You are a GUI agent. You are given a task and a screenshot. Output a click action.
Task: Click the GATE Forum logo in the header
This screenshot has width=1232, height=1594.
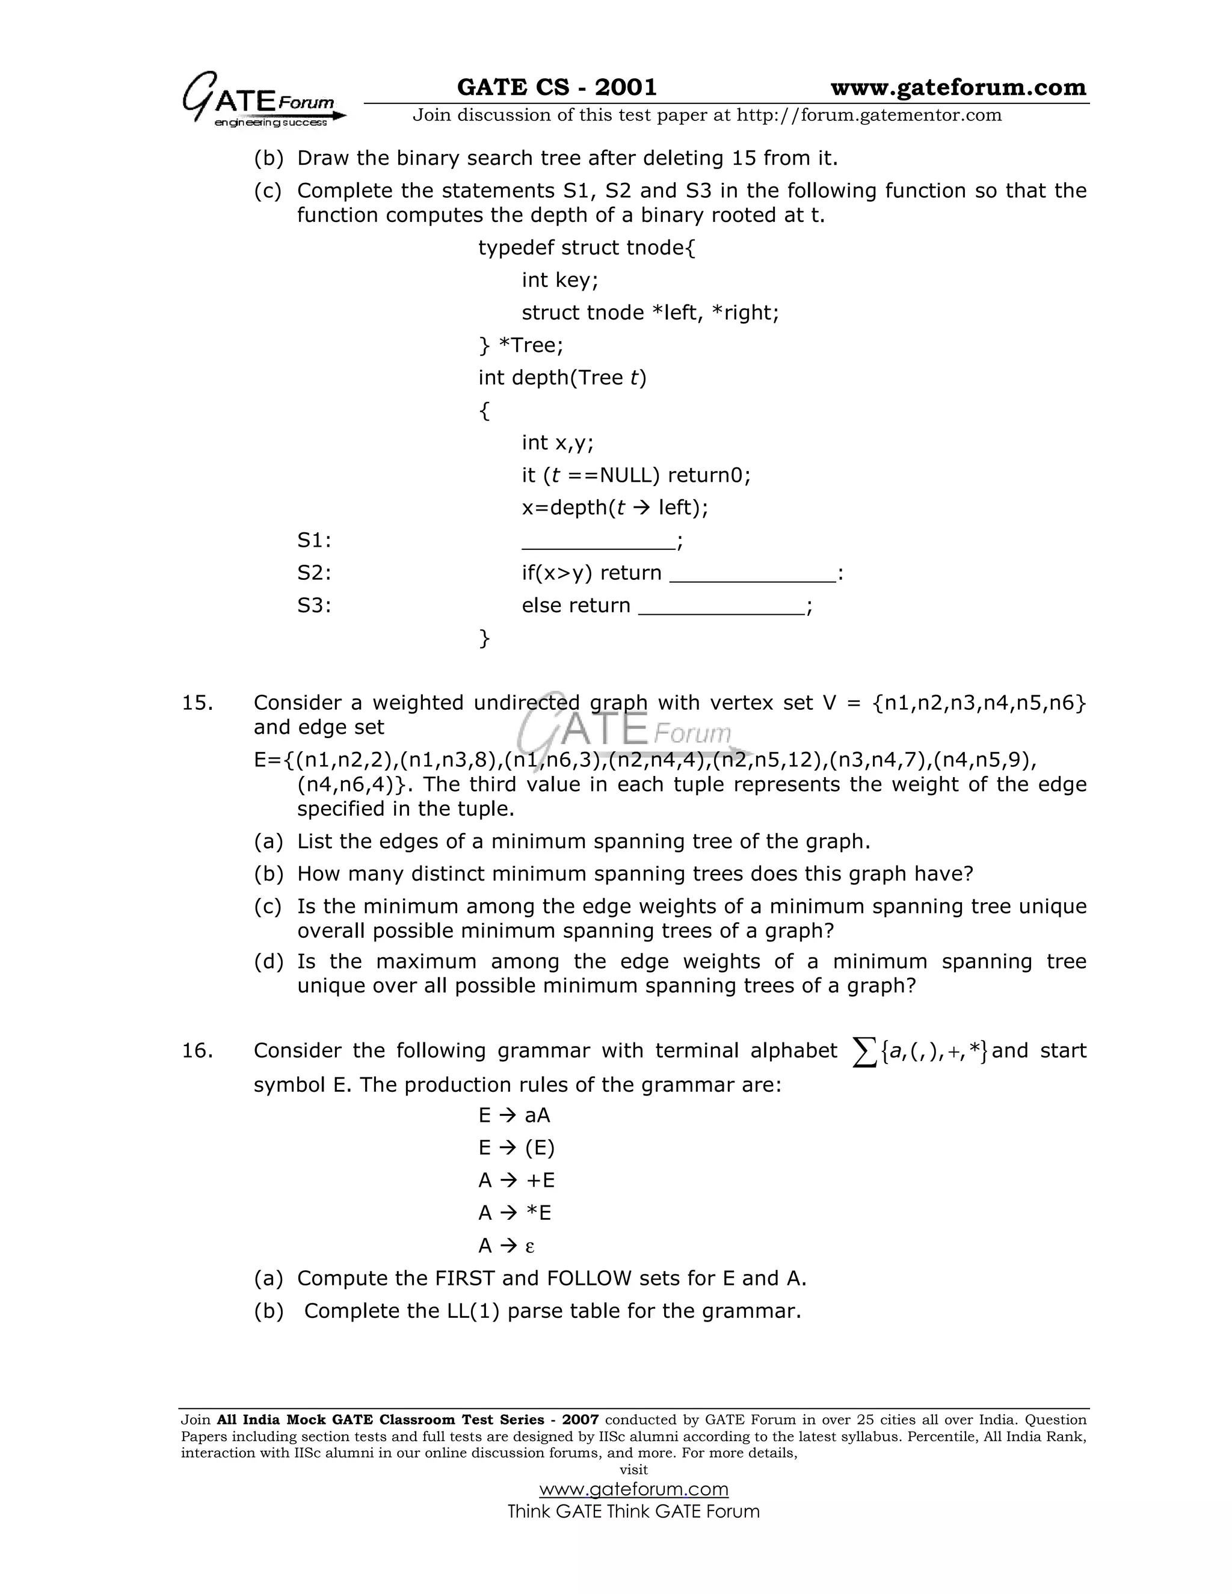point(263,100)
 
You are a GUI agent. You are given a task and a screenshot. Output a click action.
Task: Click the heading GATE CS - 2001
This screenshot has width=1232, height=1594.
point(556,88)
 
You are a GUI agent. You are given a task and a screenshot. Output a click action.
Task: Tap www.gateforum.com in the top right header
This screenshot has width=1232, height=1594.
point(958,88)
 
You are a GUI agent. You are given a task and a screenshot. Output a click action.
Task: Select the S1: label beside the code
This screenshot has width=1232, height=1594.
point(314,540)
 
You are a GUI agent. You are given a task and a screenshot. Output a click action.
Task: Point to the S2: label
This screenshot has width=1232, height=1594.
point(314,573)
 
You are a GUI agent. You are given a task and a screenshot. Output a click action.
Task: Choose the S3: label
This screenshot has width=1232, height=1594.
point(314,605)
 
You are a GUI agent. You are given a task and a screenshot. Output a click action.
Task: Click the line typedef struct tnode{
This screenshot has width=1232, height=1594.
point(587,248)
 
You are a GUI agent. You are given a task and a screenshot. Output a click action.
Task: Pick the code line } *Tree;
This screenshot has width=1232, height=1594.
point(520,345)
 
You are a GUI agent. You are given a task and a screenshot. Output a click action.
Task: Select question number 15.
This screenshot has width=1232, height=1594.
point(197,703)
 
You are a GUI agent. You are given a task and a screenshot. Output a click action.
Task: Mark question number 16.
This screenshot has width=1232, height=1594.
point(197,1050)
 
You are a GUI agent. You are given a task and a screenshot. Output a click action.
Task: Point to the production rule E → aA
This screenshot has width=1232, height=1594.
point(514,1115)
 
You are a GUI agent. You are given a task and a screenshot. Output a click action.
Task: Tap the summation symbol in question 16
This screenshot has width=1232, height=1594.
point(864,1053)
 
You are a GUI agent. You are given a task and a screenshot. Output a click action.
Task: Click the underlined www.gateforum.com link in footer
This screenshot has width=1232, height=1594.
point(633,1489)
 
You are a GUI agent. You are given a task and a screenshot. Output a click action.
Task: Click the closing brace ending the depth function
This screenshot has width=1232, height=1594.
point(484,638)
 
